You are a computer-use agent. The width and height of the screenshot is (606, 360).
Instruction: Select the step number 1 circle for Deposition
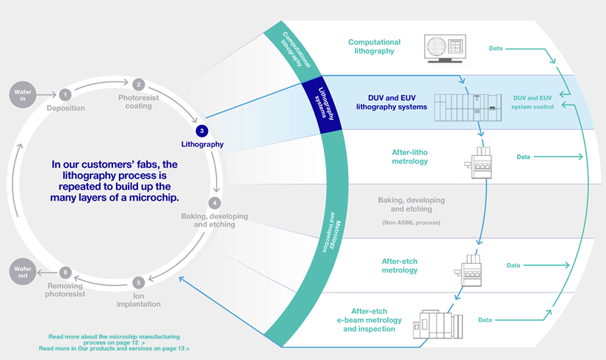[x=65, y=94]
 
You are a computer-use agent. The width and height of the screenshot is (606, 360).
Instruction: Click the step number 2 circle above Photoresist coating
[x=138, y=84]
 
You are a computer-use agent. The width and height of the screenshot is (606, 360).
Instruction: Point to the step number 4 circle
[x=214, y=202]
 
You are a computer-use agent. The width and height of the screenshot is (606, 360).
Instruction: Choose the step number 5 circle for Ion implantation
[x=138, y=282]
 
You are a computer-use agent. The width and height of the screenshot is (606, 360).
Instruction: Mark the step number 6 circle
[x=65, y=273]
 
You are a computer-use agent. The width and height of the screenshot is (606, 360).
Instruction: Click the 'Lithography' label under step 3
[x=202, y=144]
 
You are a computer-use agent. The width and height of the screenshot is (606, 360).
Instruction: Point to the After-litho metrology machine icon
[x=478, y=161]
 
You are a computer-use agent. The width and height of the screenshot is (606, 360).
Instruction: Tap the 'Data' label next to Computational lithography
[x=497, y=48]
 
